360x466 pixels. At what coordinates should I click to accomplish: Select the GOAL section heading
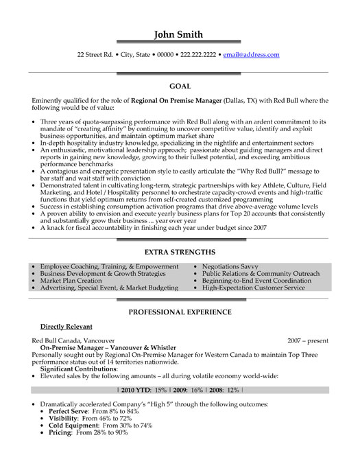point(180,87)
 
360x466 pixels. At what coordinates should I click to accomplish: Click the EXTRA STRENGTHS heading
point(180,253)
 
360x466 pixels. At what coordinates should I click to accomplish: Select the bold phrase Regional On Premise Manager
point(187,100)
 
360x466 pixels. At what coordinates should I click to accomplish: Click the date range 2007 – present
point(308,340)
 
